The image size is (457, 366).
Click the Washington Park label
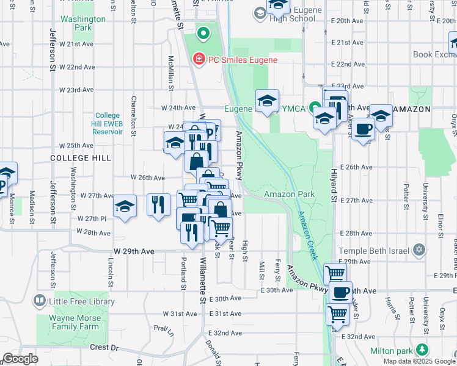pos(83,23)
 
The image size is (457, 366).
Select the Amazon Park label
pos(289,194)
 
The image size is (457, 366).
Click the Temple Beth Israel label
pos(373,250)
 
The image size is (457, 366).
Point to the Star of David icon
pos(419,249)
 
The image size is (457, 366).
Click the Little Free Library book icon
pos(40,301)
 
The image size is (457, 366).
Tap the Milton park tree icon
pos(422,350)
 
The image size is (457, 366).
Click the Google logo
pos(20,359)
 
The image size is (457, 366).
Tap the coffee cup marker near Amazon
pos(363,129)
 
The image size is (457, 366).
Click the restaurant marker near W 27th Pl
pos(158,203)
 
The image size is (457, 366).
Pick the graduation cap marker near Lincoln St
pos(125,206)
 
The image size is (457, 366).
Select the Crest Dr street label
pos(104,347)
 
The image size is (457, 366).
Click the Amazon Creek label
pos(307,235)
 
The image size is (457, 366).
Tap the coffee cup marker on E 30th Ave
pos(340,292)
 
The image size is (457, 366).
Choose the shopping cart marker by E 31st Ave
pos(337,314)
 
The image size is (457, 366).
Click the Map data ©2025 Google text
pos(419,361)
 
